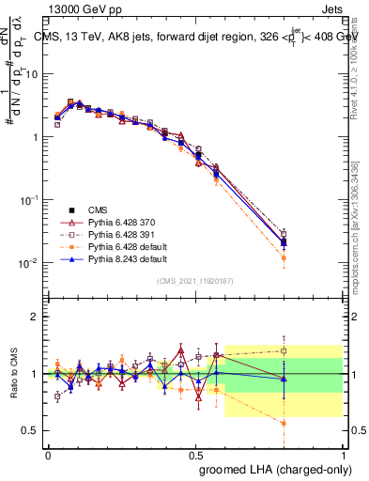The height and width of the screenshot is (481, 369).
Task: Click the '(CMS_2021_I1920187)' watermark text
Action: pyautogui.click(x=195, y=281)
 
